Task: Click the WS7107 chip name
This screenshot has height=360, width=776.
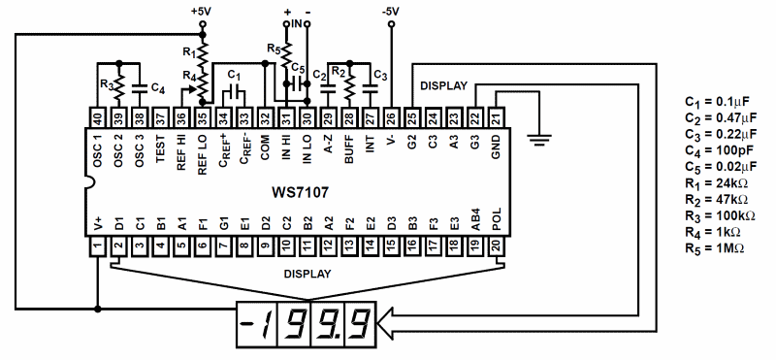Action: coord(300,192)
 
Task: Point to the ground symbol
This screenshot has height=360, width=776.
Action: coord(539,140)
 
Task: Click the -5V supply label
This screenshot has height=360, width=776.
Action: coord(392,12)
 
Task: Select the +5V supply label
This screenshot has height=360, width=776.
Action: coord(201,12)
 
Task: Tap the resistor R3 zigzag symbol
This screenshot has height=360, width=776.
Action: coord(118,86)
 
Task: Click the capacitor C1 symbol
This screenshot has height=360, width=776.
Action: coord(234,92)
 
